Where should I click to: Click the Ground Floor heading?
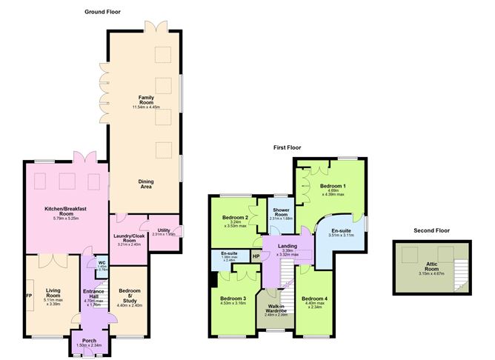tap(104, 13)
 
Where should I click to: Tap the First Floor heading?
tap(288, 148)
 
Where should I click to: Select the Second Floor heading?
tap(433, 231)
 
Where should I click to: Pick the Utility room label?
tap(163, 231)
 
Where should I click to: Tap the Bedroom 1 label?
tap(332, 186)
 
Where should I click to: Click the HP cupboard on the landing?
tap(256, 257)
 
